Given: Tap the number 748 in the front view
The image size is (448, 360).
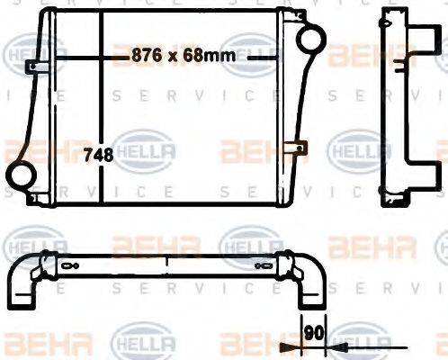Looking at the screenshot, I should point(98,155).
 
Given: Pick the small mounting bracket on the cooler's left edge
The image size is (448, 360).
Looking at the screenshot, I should point(31,67).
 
